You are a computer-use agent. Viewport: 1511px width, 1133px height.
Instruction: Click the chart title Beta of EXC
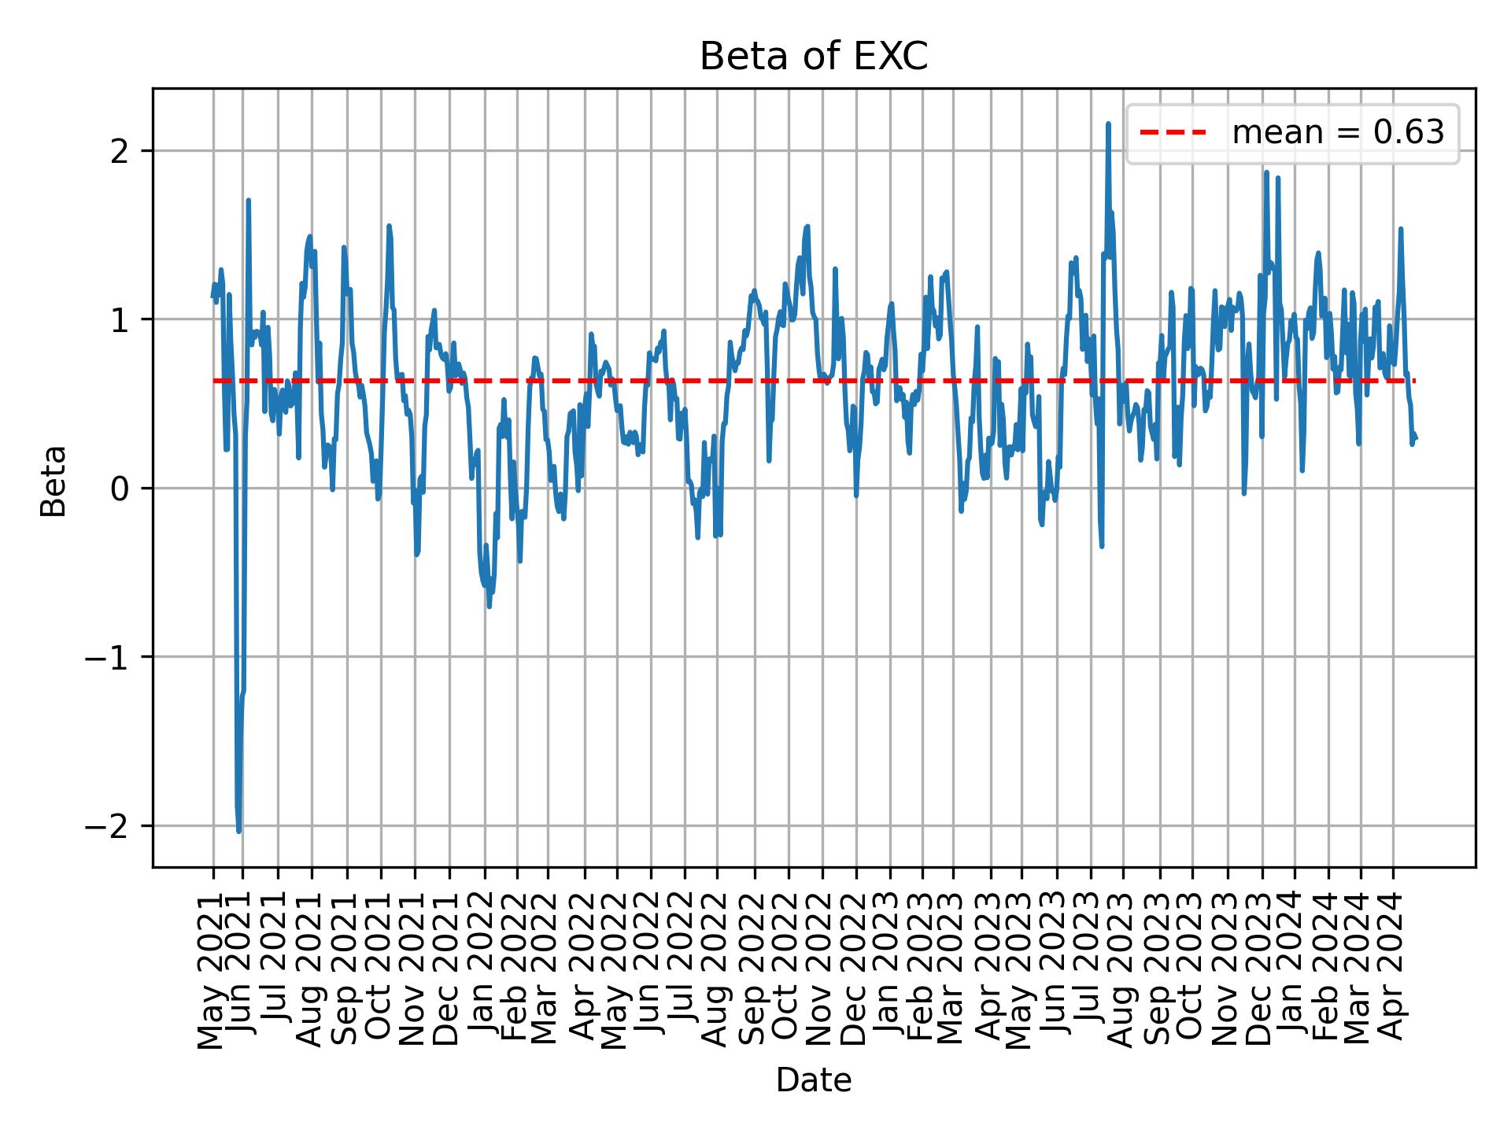[x=814, y=57]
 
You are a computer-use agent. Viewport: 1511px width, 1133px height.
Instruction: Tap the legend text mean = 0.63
[x=1338, y=133]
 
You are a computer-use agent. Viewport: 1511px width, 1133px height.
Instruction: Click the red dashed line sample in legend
[x=1173, y=133]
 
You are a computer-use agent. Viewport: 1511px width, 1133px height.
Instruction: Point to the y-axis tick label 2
[x=120, y=150]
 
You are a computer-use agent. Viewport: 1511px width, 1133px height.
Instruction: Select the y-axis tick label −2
[x=107, y=825]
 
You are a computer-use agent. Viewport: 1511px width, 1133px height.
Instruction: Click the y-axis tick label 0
[x=120, y=488]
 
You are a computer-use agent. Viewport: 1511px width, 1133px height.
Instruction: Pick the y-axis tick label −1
[x=107, y=657]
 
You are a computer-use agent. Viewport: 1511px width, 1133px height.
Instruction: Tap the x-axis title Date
[x=814, y=1080]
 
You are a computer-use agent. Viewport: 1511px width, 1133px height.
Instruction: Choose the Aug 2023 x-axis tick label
[x=1123, y=969]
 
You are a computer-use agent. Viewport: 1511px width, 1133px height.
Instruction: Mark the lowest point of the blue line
[x=238, y=831]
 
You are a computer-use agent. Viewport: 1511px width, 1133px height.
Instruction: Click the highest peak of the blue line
[x=1108, y=124]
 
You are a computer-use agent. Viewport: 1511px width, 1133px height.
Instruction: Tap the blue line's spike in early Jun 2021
[x=248, y=200]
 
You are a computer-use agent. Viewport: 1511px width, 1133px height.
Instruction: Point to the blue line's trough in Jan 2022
[x=489, y=607]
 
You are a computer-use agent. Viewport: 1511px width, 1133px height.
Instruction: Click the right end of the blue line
[x=1416, y=438]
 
